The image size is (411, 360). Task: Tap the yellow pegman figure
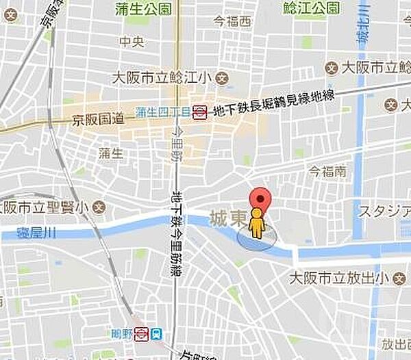point(256,224)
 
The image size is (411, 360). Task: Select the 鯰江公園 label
point(310,8)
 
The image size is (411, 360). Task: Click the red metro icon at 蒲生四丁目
point(199,112)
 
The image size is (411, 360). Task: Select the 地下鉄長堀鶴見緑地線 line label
point(274,103)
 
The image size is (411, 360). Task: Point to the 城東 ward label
point(227,218)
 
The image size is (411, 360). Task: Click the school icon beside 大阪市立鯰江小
point(222,78)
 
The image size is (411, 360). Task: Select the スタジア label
point(384,210)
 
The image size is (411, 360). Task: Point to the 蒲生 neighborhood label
point(110,153)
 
